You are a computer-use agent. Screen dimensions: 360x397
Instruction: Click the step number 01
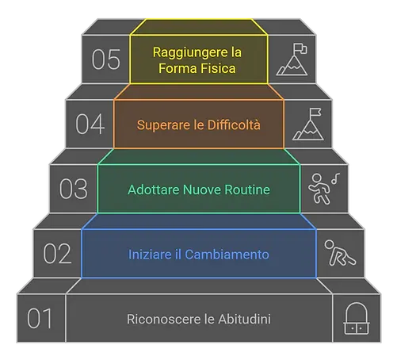tap(40, 319)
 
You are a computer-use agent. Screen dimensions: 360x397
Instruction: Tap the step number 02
tap(57, 255)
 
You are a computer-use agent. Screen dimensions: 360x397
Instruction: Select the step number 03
tap(73, 190)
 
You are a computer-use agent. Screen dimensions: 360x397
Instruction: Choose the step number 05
tap(105, 59)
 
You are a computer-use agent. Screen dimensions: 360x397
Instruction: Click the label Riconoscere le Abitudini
tap(199, 320)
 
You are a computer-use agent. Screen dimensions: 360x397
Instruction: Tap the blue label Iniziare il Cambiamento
tap(199, 255)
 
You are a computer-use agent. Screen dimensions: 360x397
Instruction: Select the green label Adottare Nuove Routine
tap(199, 190)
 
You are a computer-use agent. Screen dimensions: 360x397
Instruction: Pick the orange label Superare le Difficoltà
tap(199, 124)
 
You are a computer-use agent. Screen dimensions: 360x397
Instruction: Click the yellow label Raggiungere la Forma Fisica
tap(199, 59)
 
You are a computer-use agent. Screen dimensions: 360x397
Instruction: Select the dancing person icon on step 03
tap(322, 189)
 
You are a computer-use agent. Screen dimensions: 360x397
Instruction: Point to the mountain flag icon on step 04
tap(307, 124)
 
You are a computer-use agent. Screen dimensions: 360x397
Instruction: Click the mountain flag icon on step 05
tap(292, 59)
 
